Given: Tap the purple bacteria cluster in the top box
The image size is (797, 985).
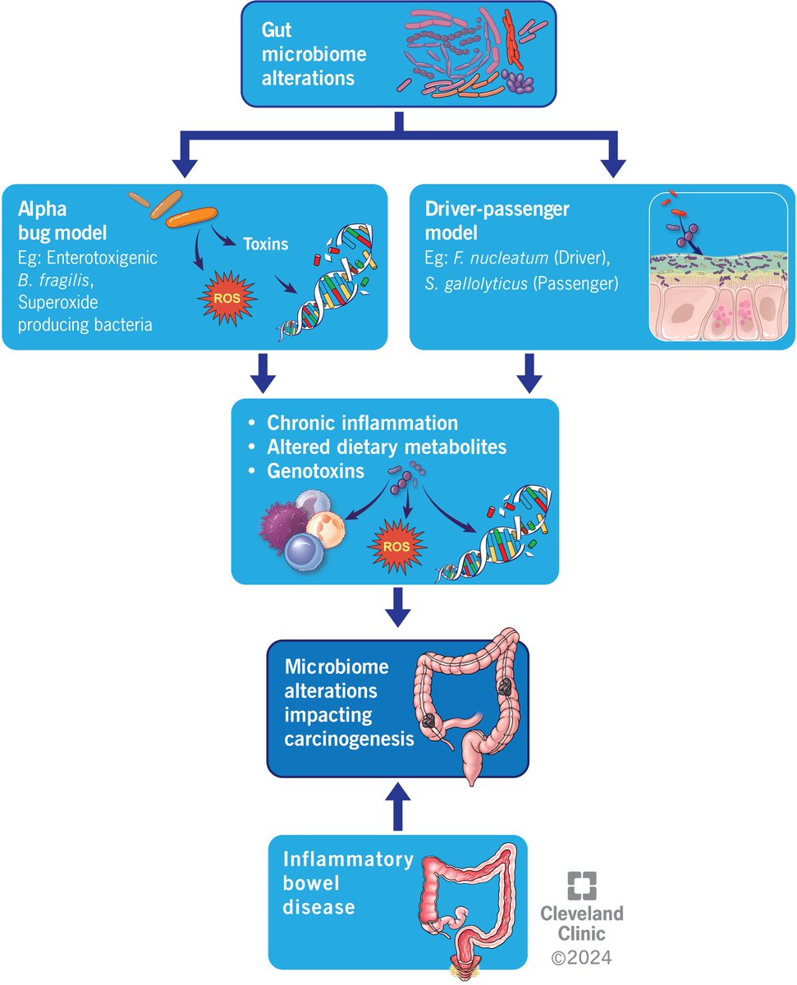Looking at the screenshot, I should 517,80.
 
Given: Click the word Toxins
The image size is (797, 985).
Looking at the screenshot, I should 264,244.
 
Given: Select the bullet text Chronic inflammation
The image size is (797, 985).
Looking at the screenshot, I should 362,424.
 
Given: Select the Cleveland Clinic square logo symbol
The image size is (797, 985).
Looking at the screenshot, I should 582,887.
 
